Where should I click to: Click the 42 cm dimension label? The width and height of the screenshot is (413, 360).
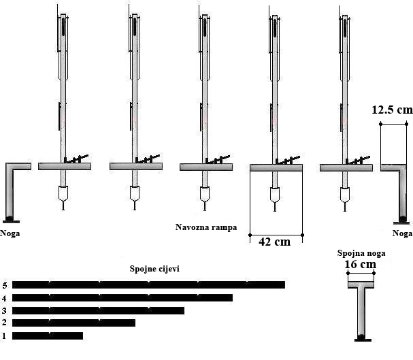pyautogui.click(x=274, y=242)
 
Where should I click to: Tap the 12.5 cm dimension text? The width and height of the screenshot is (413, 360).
pyautogui.click(x=392, y=110)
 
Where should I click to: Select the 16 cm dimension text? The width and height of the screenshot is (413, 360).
pyautogui.click(x=361, y=264)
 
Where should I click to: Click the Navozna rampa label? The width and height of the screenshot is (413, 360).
pyautogui.click(x=206, y=227)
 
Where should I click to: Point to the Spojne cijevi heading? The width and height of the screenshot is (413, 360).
pyautogui.click(x=154, y=269)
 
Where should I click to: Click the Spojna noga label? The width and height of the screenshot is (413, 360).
pyautogui.click(x=361, y=253)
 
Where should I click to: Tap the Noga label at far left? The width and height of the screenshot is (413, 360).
pyautogui.click(x=10, y=233)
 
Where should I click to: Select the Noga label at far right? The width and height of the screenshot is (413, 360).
pyautogui.click(x=402, y=233)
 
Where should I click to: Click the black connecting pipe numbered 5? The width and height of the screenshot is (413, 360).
pyautogui.click(x=148, y=284)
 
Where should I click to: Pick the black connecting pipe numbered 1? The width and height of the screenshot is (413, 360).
pyautogui.click(x=48, y=336)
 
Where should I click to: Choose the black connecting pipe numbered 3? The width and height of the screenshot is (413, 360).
pyautogui.click(x=98, y=310)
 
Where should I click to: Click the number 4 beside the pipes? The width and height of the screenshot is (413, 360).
pyautogui.click(x=4, y=298)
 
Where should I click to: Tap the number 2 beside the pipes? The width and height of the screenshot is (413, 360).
pyautogui.click(x=4, y=323)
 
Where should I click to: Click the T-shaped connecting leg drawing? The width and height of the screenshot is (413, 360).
pyautogui.click(x=363, y=311)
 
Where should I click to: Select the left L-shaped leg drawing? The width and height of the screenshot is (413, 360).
pyautogui.click(x=10, y=192)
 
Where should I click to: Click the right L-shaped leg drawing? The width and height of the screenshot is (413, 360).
pyautogui.click(x=403, y=193)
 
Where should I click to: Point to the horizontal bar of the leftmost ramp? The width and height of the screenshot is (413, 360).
pyautogui.click(x=65, y=167)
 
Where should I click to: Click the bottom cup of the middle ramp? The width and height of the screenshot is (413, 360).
pyautogui.click(x=205, y=195)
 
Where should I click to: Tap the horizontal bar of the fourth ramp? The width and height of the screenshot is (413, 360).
pyautogui.click(x=276, y=168)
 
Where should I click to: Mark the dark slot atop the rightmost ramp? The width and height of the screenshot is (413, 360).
pyautogui.click(x=345, y=27)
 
